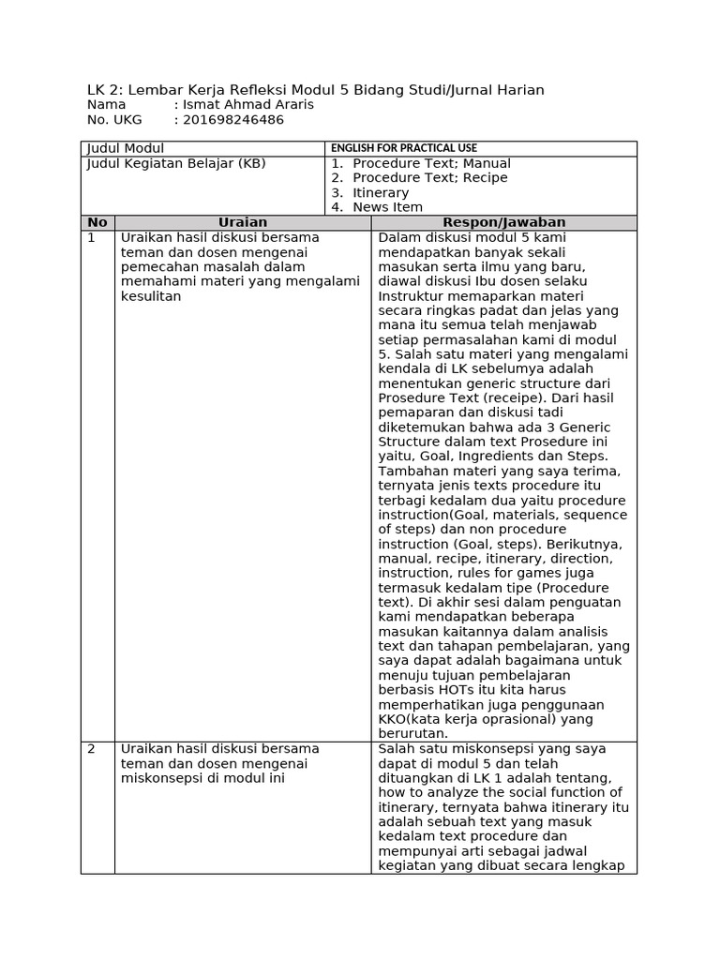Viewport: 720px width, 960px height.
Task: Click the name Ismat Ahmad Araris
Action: click(x=248, y=105)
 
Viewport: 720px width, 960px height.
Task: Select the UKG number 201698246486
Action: click(x=232, y=120)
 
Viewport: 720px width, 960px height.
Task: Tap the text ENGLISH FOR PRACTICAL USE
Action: click(x=403, y=148)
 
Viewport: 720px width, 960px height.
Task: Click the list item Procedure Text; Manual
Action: click(x=431, y=163)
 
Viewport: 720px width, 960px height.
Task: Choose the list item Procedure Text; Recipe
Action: click(x=429, y=178)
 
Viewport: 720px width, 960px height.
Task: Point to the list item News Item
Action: click(x=387, y=207)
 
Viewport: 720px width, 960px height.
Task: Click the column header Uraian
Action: click(x=243, y=222)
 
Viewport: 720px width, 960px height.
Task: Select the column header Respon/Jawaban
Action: click(x=503, y=222)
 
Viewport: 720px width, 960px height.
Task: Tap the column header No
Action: click(x=97, y=222)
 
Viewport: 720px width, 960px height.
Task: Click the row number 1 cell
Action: click(x=92, y=238)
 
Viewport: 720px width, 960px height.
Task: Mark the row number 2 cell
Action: click(x=92, y=749)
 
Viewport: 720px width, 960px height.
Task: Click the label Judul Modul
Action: click(x=125, y=148)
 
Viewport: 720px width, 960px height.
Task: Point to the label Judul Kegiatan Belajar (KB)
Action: click(x=176, y=163)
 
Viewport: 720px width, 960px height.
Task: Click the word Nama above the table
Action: click(x=106, y=105)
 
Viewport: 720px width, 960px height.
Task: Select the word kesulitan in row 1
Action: click(x=150, y=296)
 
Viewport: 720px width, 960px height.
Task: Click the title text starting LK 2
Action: click(x=315, y=90)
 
